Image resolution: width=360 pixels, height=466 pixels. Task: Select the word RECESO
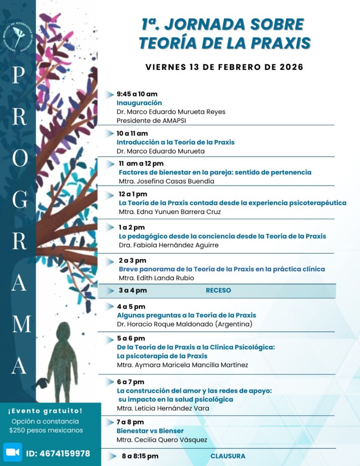tap(218, 290)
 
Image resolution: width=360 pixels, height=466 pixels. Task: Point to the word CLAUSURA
tap(228, 456)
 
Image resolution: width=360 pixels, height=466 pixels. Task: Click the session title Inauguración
tap(139, 103)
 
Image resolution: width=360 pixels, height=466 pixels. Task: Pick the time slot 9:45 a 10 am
tap(137, 94)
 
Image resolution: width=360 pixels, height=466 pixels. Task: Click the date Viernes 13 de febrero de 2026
tap(224, 67)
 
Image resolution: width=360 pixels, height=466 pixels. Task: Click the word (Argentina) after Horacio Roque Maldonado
tap(230, 324)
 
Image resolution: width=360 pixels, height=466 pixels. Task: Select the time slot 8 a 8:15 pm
tap(140, 456)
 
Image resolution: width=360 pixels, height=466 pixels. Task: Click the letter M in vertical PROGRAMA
tap(19, 324)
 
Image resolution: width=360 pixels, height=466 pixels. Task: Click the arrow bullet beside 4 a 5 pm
tap(109, 306)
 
